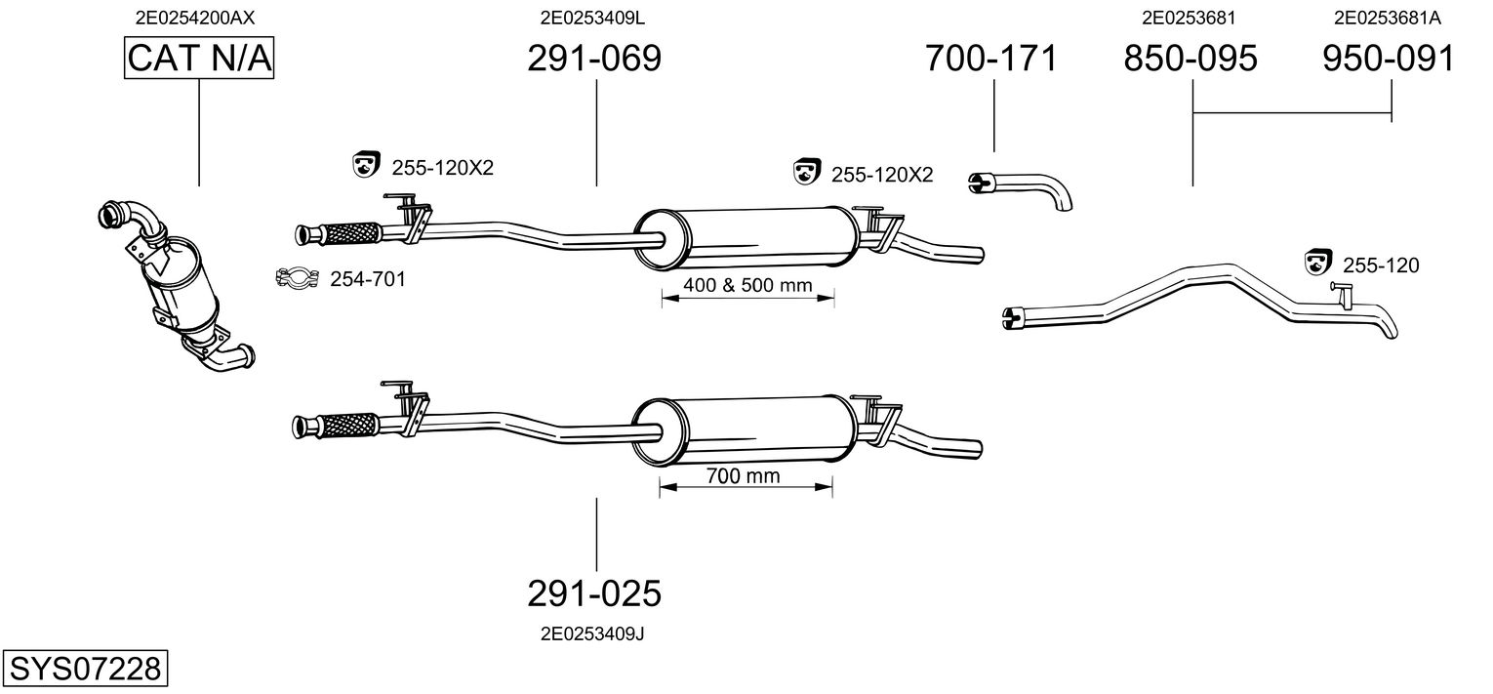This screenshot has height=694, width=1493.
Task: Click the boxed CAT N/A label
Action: [199, 59]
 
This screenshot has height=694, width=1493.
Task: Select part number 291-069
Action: [594, 59]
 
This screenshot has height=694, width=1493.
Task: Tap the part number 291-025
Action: [594, 592]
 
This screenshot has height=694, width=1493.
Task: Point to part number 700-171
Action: [990, 59]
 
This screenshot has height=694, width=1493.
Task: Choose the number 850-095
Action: [1190, 59]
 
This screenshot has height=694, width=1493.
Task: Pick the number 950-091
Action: [1389, 59]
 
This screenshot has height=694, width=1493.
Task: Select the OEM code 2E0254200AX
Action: [199, 17]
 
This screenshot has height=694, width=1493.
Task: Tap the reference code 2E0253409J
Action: [592, 633]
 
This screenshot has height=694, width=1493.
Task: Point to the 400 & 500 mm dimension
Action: [747, 286]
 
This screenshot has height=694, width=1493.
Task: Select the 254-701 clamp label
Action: [367, 280]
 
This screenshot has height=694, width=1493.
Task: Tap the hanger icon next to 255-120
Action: [1318, 263]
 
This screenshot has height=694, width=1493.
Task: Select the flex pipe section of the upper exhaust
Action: [348, 234]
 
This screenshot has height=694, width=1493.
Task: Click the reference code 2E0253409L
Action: [592, 17]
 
